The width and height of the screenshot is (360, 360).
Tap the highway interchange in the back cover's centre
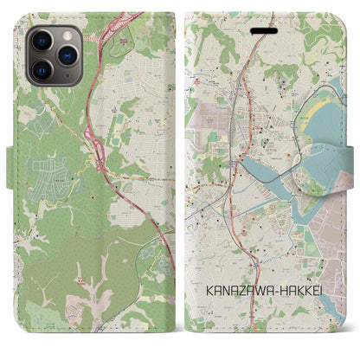(x=102, y=154)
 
